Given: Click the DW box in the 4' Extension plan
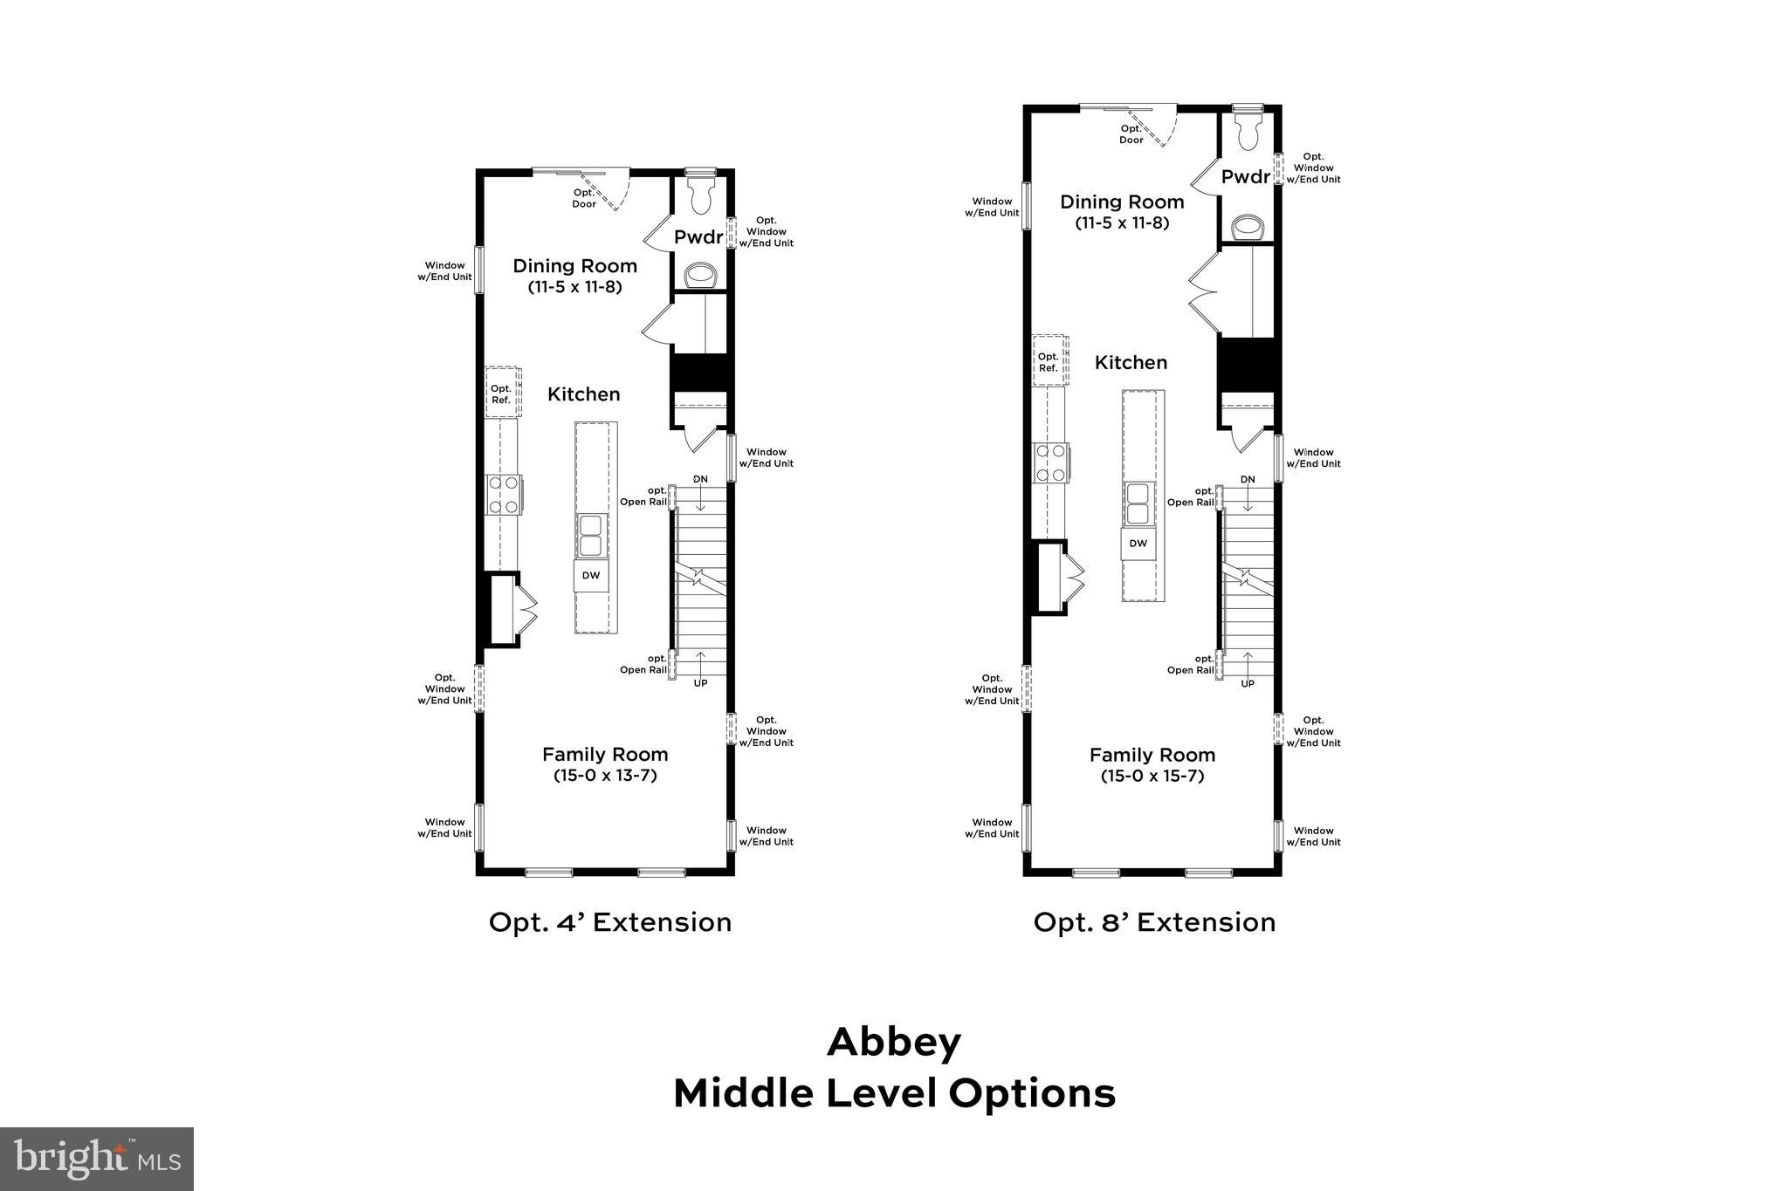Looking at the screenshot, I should pos(591,576).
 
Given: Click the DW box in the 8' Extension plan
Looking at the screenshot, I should pos(1138,544).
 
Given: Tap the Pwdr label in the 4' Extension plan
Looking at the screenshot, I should pos(698,237).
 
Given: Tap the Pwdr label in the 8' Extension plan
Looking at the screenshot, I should pos(1246,177).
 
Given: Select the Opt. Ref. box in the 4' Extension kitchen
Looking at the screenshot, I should pos(501,394).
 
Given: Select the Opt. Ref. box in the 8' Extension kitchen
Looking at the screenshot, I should pos(1049,362).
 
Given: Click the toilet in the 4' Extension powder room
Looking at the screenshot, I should pos(701,195).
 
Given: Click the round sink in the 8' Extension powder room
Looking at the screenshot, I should pos(1248,228).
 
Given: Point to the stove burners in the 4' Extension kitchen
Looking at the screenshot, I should pos(503,494).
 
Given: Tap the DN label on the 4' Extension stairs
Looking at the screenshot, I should pos(700,479).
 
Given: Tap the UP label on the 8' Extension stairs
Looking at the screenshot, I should pos(1248,683).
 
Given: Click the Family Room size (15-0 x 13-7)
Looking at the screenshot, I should pos(605,775).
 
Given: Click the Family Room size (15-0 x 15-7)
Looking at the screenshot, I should pos(1152,775).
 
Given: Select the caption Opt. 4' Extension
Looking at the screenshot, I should pos(609,922).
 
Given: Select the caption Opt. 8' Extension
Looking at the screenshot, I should pos(1154,922).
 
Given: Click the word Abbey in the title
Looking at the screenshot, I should pos(894,1042).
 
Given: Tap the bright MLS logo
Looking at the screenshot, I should pos(97,1159).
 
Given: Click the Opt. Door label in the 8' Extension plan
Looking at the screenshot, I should pos(1131,134).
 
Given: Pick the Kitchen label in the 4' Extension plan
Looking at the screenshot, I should pos(583,394).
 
